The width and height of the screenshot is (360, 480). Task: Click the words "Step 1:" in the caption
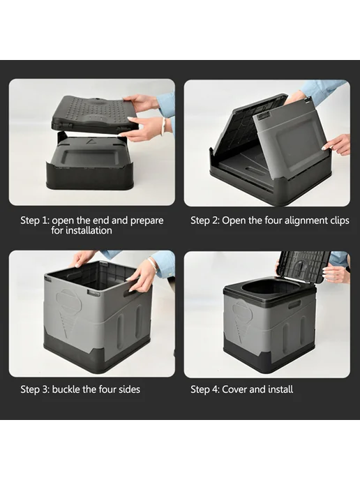coord(35,220)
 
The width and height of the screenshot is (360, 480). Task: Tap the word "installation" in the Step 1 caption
coord(82,230)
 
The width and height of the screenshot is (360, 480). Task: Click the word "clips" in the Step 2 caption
coord(340,221)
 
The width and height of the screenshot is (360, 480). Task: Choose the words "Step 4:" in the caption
coord(205,389)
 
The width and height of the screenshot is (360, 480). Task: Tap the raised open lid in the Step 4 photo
coord(303,266)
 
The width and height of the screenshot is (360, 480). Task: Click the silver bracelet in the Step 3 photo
coord(153,264)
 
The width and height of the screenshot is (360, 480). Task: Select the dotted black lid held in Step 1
coord(93,114)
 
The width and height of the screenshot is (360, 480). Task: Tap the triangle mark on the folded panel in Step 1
coord(91,141)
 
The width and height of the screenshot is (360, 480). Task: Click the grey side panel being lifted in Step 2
coord(291,135)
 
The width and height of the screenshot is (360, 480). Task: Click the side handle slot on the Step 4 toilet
coord(292,304)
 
